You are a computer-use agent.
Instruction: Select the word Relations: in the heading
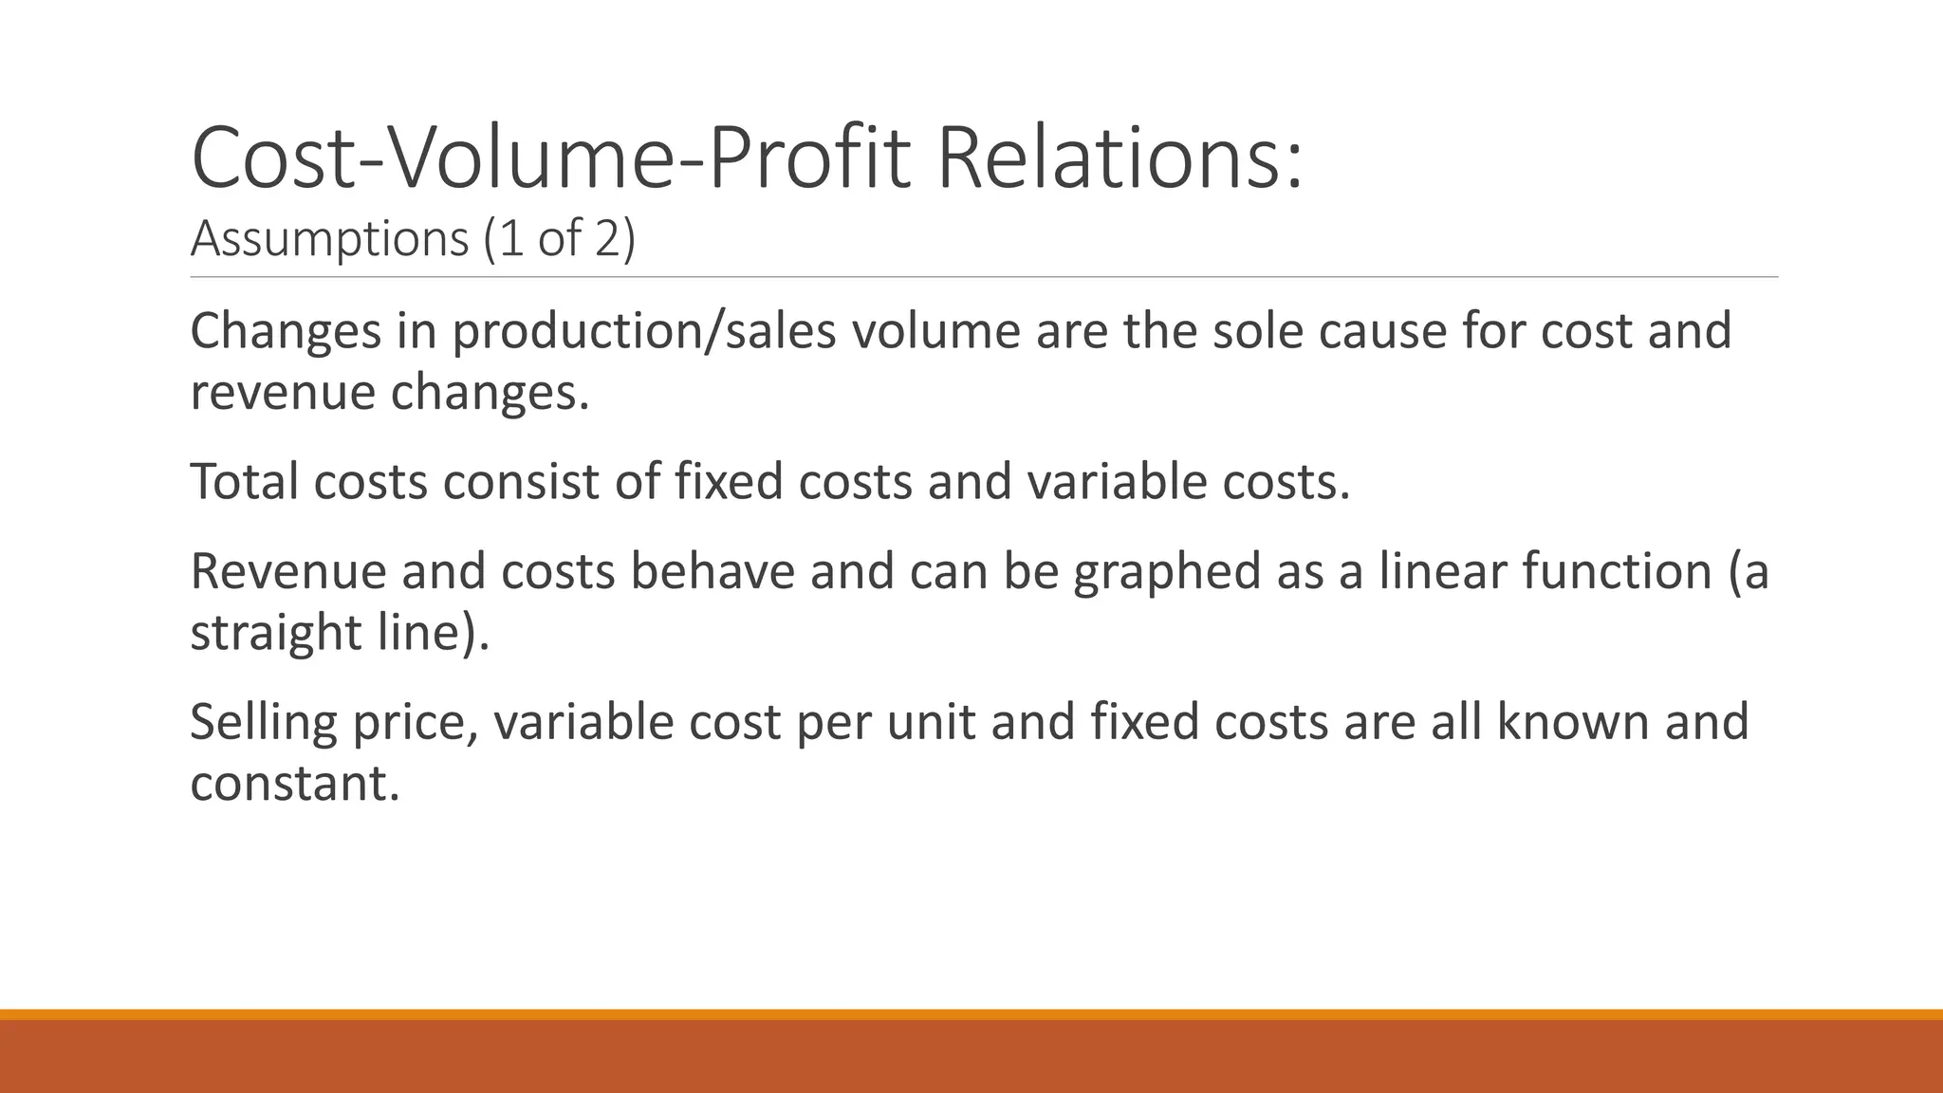click(x=1120, y=158)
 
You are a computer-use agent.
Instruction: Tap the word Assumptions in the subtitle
click(x=329, y=238)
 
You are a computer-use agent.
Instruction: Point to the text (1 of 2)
click(x=559, y=238)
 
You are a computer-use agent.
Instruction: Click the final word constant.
click(x=294, y=783)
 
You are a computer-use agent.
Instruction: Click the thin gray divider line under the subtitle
click(x=984, y=277)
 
